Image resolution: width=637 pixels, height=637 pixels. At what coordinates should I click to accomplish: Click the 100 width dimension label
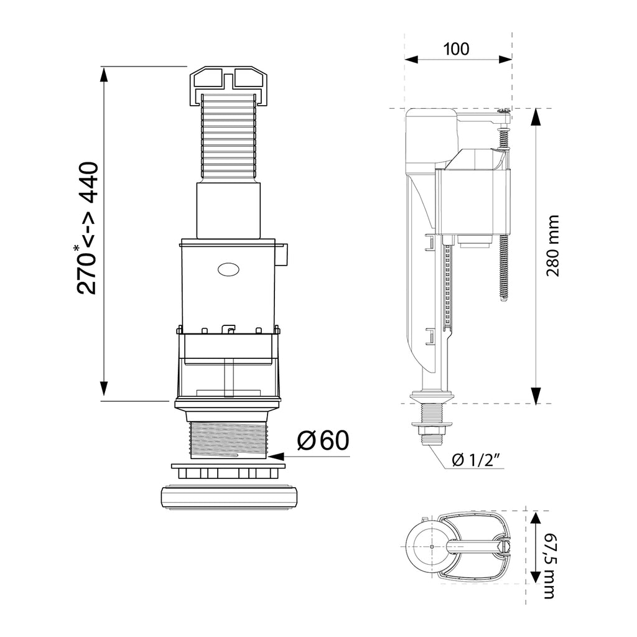456,49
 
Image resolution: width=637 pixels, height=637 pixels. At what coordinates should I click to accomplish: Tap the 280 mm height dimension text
552,246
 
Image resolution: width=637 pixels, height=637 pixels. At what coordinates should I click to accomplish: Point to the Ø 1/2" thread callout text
476,461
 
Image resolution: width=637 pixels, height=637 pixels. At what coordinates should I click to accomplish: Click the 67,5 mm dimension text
549,566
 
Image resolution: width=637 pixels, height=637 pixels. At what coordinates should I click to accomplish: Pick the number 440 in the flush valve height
88,182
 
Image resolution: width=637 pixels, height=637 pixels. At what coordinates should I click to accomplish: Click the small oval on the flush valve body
228,269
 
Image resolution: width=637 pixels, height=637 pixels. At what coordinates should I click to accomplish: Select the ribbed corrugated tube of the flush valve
230,138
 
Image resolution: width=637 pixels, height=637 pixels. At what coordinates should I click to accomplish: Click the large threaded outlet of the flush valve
229,440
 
